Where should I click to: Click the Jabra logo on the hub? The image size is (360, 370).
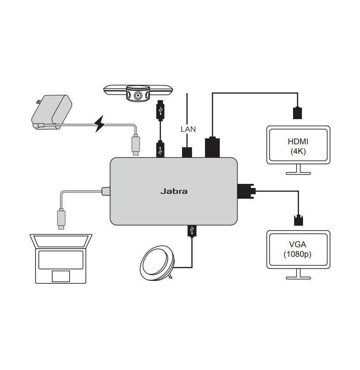(x=174, y=191)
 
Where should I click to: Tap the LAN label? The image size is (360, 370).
(x=188, y=129)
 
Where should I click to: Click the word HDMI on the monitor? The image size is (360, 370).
(x=298, y=141)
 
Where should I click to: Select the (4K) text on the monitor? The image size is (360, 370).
(x=298, y=151)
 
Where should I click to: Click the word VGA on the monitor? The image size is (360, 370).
(x=298, y=245)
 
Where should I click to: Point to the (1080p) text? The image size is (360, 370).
(x=298, y=254)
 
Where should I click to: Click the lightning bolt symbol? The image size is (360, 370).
(x=100, y=124)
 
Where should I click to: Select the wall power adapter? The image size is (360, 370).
(x=52, y=111)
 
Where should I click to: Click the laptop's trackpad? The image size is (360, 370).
(x=60, y=276)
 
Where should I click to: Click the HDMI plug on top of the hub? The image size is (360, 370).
(x=212, y=147)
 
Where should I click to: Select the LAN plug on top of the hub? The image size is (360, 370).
(x=187, y=152)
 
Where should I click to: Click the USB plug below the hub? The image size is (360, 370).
(x=192, y=231)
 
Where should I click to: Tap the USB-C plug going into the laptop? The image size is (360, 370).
(x=61, y=219)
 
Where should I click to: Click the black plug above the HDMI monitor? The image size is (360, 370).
(x=297, y=113)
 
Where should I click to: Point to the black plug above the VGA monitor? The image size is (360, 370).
(x=298, y=220)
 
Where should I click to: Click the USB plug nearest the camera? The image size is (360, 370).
(x=160, y=110)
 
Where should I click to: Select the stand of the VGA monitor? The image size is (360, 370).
(x=298, y=274)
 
